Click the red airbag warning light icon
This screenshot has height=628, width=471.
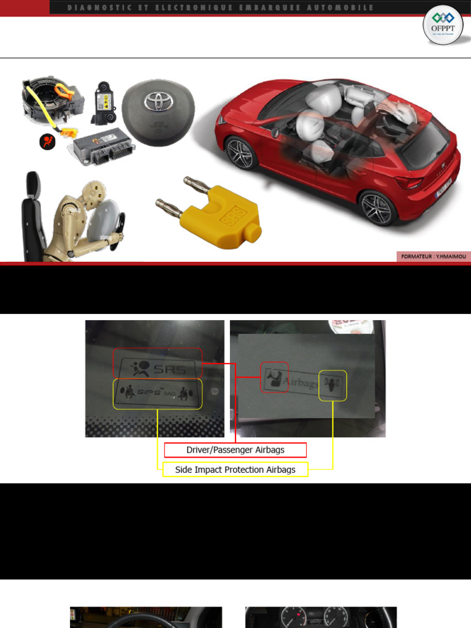pyautogui.click(x=48, y=142)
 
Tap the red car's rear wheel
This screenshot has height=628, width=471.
pyautogui.click(x=377, y=209)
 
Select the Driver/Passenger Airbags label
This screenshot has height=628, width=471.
pyautogui.click(x=235, y=450)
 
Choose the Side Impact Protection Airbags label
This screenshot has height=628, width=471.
pyautogui.click(x=235, y=470)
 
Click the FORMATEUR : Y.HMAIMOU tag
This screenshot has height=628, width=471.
pyautogui.click(x=433, y=257)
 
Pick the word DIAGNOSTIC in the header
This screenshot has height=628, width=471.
pyautogui.click(x=88, y=7)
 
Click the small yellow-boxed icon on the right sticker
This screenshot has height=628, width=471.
pyautogui.click(x=332, y=386)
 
